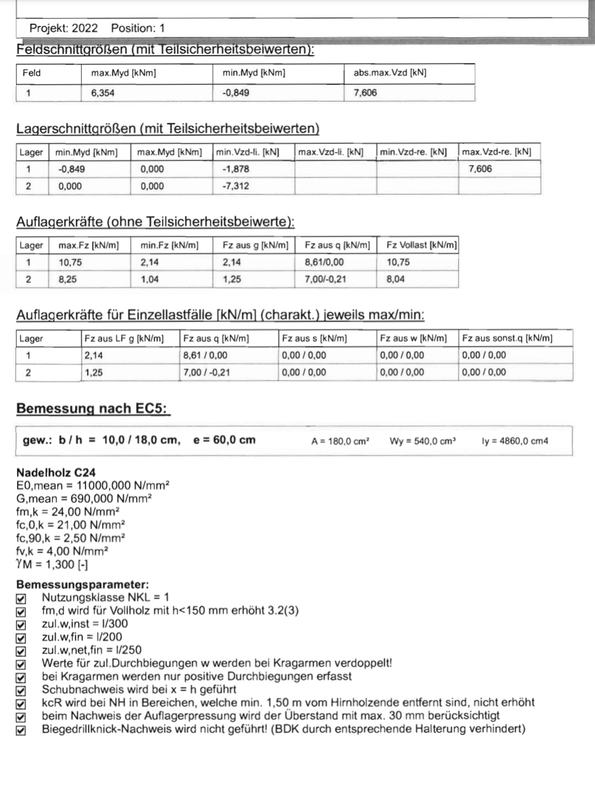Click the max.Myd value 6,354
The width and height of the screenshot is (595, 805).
coord(103,93)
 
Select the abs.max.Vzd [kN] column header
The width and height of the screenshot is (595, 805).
coord(390,73)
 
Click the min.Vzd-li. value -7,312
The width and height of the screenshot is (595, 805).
coord(235,186)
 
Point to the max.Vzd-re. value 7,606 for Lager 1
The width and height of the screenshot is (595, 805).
coord(480,169)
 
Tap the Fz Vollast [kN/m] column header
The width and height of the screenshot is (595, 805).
coord(421,245)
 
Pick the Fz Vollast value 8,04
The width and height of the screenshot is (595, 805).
coord(396,279)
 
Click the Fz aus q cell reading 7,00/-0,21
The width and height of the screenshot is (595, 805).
coord(325,279)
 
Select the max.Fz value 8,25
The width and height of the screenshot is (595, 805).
coord(68,279)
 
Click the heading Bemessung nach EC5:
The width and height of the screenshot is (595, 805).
coord(93,408)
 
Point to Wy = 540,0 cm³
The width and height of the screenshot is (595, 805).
coord(423,441)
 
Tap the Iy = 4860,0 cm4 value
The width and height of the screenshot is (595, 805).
coord(515,441)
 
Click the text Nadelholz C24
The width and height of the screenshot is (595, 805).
coord(56,472)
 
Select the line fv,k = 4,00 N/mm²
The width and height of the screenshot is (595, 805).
coord(62,551)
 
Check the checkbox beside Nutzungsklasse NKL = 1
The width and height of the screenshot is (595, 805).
coord(21,598)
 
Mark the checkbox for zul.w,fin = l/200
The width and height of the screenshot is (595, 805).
coord(21,637)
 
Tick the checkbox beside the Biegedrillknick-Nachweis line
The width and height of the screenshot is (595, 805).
coord(21,730)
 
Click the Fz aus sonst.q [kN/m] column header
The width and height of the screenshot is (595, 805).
coord(507,338)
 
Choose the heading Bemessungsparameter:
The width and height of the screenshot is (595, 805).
coord(83,585)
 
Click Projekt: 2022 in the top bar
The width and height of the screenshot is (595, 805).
coord(63,28)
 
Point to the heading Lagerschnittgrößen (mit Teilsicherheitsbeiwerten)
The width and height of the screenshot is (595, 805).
coord(167,129)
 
